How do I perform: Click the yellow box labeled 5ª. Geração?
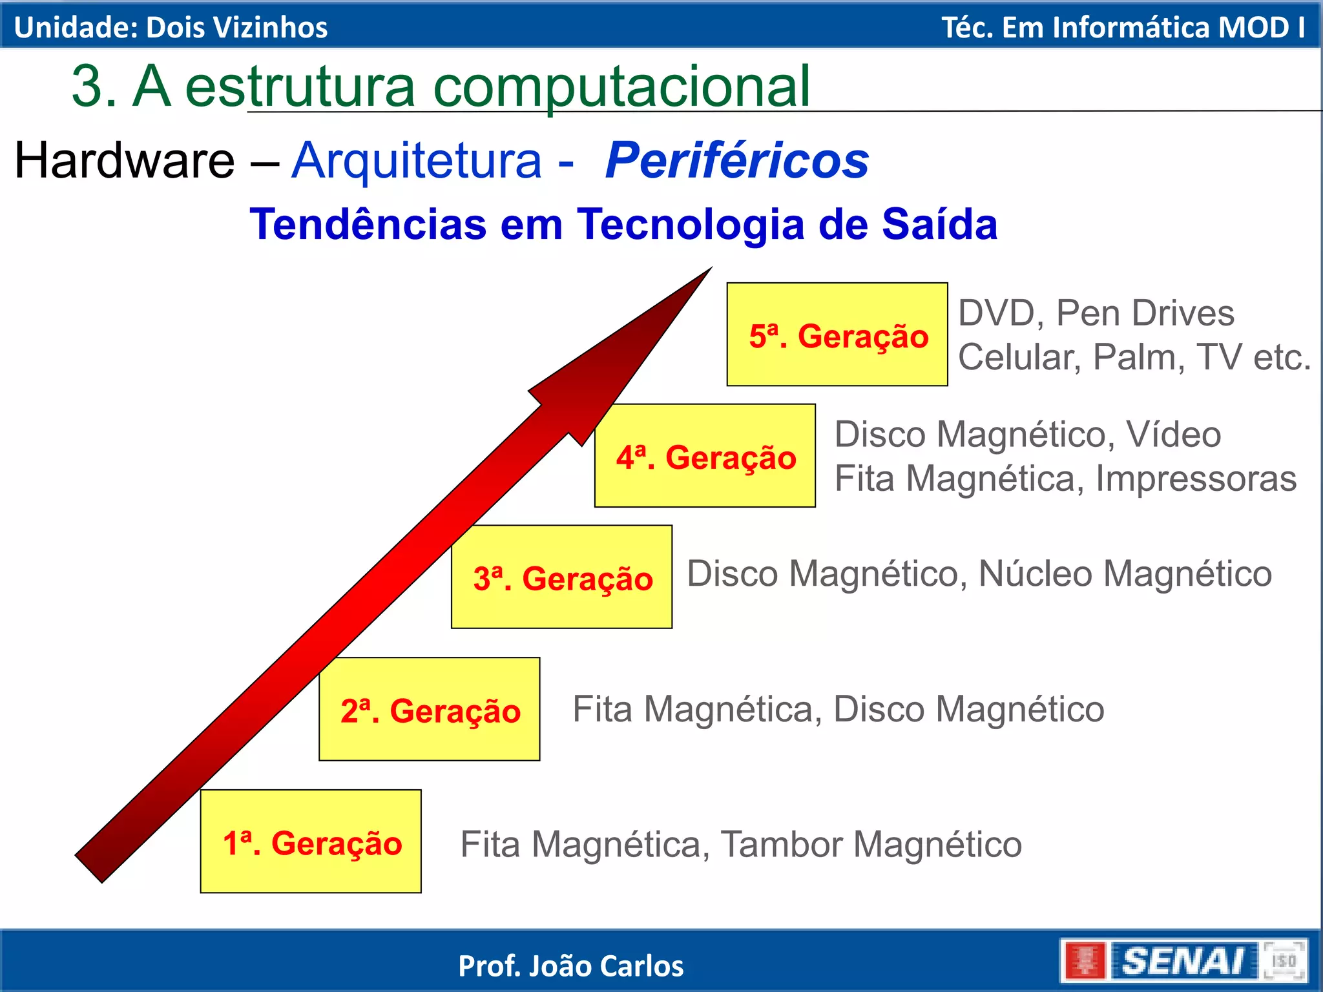837,335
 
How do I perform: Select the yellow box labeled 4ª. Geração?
705,456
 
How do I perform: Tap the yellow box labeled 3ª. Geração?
561,577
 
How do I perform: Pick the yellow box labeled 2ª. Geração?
430,709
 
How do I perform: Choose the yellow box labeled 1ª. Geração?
311,842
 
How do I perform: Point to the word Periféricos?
736,160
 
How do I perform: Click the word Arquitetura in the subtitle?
417,160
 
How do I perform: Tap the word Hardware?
125,160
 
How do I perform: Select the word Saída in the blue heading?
939,224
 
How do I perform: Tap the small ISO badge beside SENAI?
1284,961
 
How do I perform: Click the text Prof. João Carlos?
570,966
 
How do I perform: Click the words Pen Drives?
1145,313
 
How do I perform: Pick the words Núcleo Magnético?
1125,573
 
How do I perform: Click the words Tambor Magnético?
871,844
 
